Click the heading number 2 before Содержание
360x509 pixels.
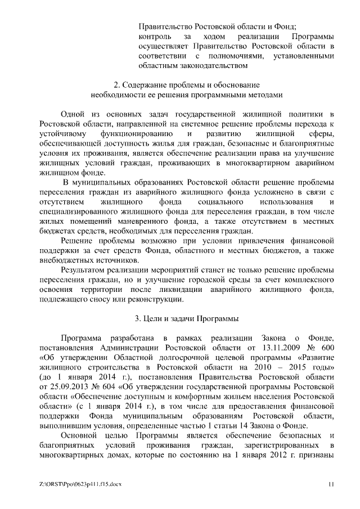[115, 85]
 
